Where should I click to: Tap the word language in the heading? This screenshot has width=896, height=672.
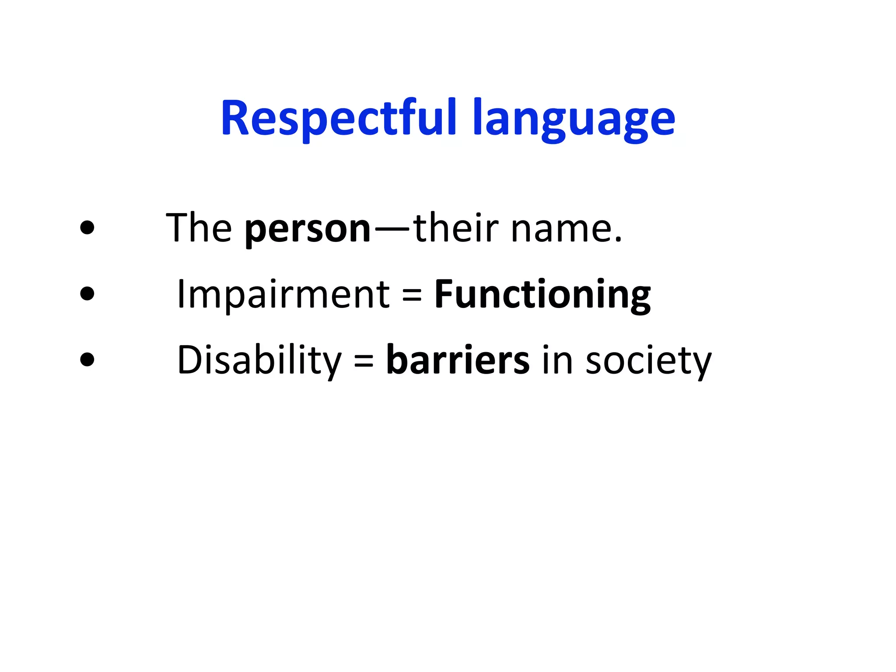coord(574,120)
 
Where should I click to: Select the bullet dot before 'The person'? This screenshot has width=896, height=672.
coord(87,227)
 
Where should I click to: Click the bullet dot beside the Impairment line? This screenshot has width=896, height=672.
coord(87,294)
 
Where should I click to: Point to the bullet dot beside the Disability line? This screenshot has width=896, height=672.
coord(87,360)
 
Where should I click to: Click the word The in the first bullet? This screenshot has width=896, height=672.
coord(199,227)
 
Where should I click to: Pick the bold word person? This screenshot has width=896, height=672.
coord(308,230)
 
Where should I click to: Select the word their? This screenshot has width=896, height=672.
coord(455,227)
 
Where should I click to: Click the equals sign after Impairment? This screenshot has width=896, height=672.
coord(412,295)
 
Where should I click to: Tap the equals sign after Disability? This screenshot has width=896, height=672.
coord(364,361)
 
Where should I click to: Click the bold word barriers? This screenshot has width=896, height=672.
coord(458,360)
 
